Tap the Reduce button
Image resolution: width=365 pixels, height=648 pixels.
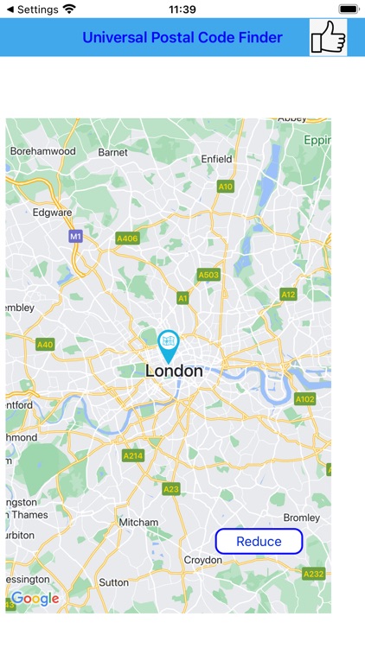pyautogui.click(x=259, y=542)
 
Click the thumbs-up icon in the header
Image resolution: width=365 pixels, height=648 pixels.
pyautogui.click(x=328, y=37)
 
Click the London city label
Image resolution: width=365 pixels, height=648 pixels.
pyautogui.click(x=174, y=372)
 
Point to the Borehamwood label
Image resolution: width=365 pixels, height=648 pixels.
pyautogui.click(x=42, y=151)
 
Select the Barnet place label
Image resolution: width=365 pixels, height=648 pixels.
pyautogui.click(x=112, y=153)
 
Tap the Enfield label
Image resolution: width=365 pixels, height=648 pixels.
pyautogui.click(x=216, y=159)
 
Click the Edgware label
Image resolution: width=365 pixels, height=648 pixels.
pyautogui.click(x=52, y=212)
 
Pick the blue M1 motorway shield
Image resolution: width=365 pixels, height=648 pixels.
pyautogui.click(x=75, y=236)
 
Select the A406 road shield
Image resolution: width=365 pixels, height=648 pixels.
pyautogui.click(x=127, y=238)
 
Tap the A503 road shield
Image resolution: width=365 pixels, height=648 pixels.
pyautogui.click(x=208, y=275)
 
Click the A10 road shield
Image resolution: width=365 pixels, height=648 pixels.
pyautogui.click(x=225, y=186)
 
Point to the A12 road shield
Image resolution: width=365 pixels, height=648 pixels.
pyautogui.click(x=288, y=295)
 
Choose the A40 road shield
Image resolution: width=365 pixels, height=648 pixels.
pyautogui.click(x=45, y=344)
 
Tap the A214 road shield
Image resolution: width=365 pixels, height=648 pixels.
pyautogui.click(x=133, y=455)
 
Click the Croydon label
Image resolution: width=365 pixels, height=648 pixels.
pyautogui.click(x=202, y=560)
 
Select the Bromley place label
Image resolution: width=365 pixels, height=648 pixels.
pyautogui.click(x=302, y=518)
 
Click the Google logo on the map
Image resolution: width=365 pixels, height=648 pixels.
pyautogui.click(x=35, y=598)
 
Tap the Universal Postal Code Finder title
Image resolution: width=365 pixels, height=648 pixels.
pyautogui.click(x=182, y=37)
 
